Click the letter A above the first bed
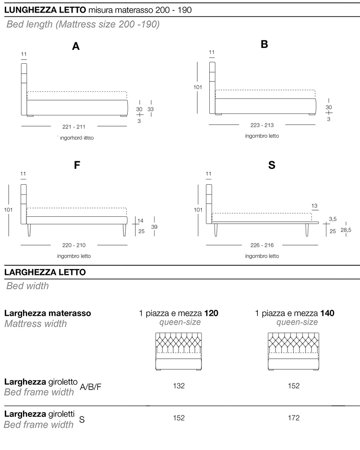point(75,46)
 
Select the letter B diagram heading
point(264,45)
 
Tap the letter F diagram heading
point(77,165)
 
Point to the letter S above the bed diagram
point(272,165)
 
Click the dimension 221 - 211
point(74,127)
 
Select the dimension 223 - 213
point(262,125)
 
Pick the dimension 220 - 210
point(74,245)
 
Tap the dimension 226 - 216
point(262,245)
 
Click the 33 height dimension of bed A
point(151,109)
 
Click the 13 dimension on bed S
point(314,206)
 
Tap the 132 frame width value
point(179,386)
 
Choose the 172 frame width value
point(294,418)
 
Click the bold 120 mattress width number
point(212,313)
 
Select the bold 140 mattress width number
point(328,313)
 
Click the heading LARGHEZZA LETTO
point(45,272)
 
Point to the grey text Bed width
point(27,286)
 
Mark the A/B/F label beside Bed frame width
point(91,387)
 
